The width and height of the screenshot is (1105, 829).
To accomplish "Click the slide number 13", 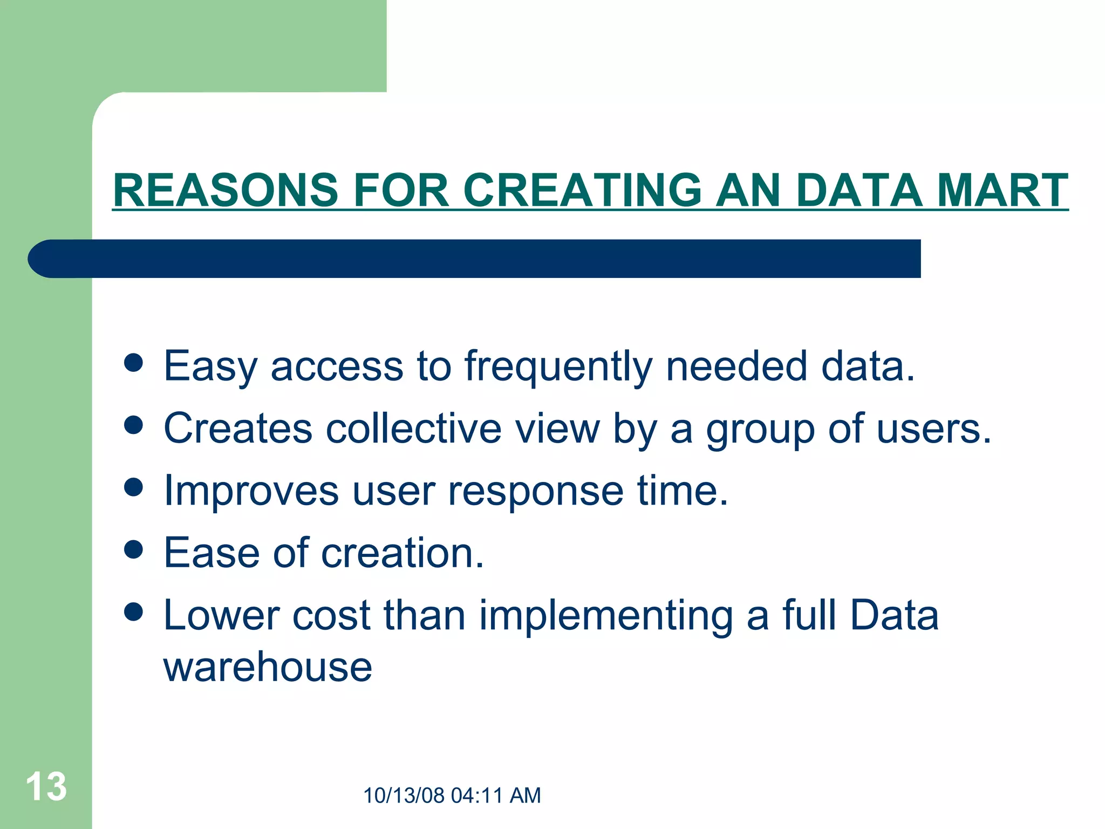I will [46, 786].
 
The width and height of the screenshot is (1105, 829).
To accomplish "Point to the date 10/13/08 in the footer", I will [404, 796].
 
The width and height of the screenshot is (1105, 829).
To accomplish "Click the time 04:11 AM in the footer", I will [496, 796].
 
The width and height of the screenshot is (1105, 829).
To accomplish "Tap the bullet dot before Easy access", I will [133, 363].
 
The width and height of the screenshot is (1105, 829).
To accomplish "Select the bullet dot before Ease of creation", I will [133, 550].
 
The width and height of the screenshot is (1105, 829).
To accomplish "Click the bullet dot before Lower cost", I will [133, 612].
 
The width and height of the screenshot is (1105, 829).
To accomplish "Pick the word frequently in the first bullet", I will [558, 367].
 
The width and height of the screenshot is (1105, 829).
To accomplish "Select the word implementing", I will [606, 616].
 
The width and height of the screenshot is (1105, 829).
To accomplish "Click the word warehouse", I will [268, 668].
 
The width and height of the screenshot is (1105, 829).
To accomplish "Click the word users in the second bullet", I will [933, 429].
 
